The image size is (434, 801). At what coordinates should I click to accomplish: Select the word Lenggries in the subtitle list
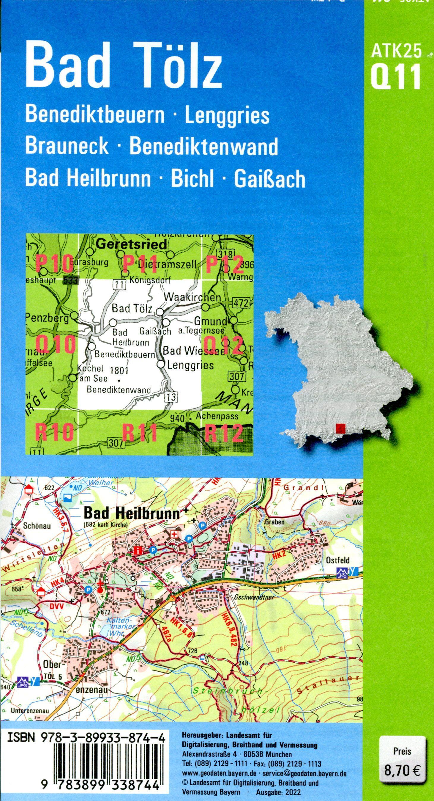click(227, 115)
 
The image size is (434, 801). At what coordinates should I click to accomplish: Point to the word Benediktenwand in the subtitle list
click(203, 146)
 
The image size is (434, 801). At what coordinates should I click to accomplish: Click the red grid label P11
click(140, 264)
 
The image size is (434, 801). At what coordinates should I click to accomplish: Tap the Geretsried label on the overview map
click(131, 244)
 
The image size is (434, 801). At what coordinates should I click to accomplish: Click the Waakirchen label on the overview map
click(192, 298)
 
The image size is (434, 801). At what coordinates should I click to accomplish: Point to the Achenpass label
click(217, 417)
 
